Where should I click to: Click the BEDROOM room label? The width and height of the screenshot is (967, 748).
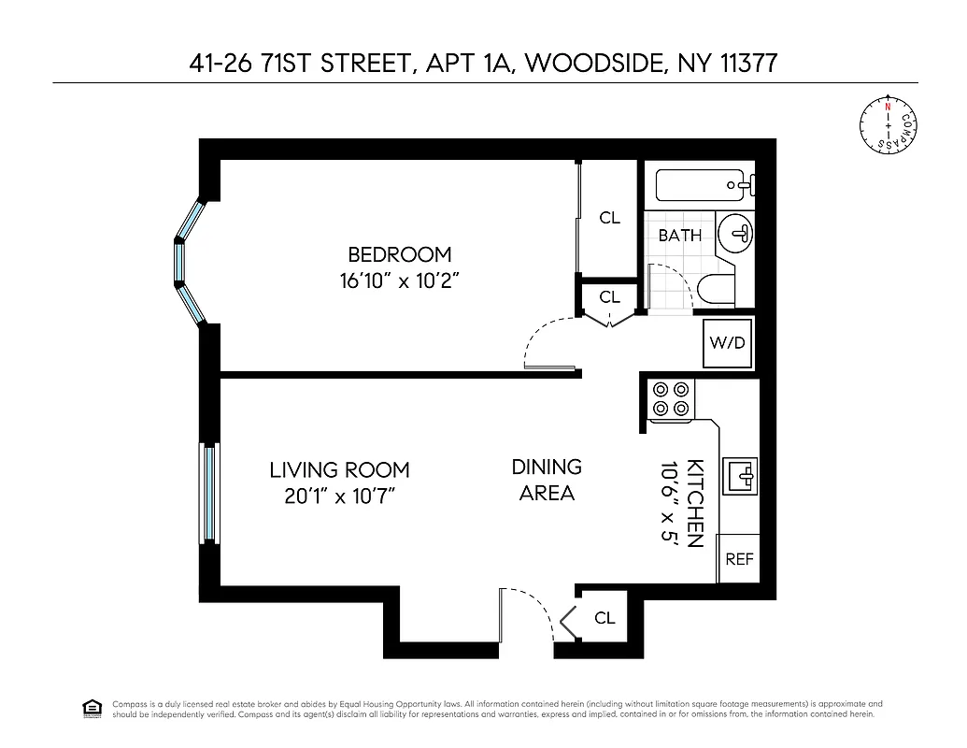(x=399, y=253)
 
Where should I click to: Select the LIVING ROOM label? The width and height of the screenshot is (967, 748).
(x=339, y=470)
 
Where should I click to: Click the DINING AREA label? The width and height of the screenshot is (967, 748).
(x=547, y=479)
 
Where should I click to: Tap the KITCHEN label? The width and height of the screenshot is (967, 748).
(x=695, y=503)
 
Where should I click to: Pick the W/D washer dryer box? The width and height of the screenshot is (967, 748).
(x=728, y=342)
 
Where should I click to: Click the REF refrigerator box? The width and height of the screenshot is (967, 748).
(x=739, y=559)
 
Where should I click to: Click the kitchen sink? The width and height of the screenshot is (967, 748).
(x=745, y=474)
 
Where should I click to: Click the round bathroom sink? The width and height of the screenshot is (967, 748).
(x=737, y=233)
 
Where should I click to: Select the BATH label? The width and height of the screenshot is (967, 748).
(x=679, y=236)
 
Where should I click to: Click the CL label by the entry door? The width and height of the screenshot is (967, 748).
(x=604, y=618)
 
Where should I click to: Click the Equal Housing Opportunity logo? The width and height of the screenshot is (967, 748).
(x=92, y=707)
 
